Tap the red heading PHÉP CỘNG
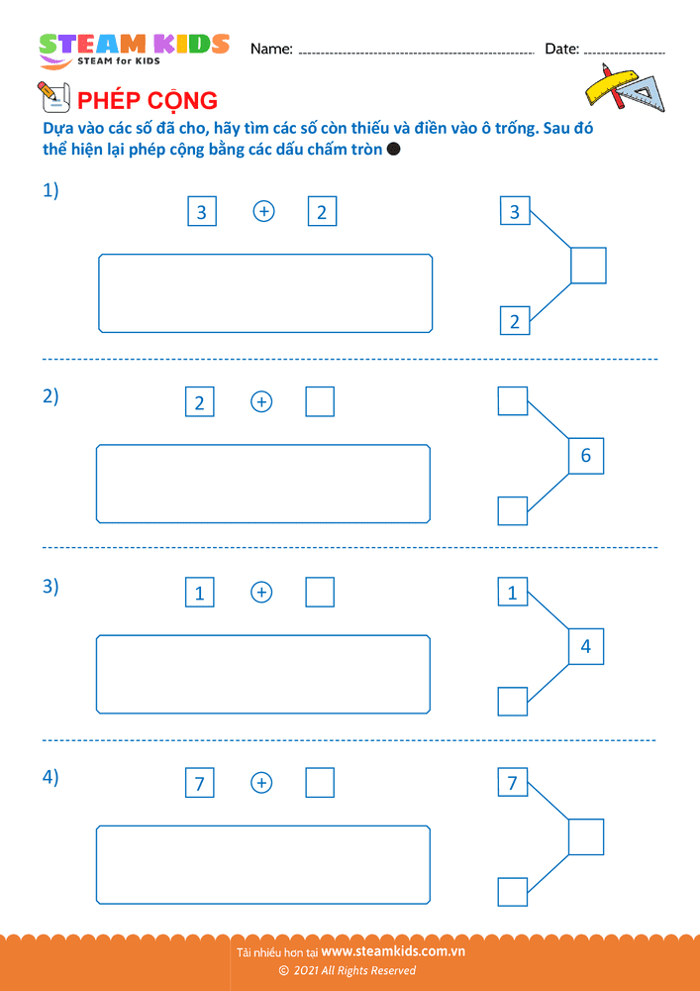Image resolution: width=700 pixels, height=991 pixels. pos(148,100)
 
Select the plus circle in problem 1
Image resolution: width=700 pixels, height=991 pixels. pos(263,211)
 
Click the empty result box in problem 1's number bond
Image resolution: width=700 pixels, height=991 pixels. pos(588,266)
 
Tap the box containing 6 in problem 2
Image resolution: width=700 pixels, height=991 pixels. pos(586,456)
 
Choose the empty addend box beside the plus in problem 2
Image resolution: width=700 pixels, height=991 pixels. pos(320,402)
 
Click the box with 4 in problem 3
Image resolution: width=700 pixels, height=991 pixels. pos(586,646)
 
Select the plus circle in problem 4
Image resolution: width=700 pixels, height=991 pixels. pos(261,783)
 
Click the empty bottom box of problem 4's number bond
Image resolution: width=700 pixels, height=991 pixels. pos(513,892)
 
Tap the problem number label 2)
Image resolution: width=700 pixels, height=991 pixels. pos(50,397)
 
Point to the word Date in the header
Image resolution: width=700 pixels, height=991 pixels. pos(562,49)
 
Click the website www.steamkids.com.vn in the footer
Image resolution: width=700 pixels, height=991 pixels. pos(393,950)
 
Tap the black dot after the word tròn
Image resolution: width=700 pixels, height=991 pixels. pos(393,150)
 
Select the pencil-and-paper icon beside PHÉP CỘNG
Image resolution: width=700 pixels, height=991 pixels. pos(53,97)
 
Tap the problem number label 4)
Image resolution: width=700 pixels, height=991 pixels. pos(50,778)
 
